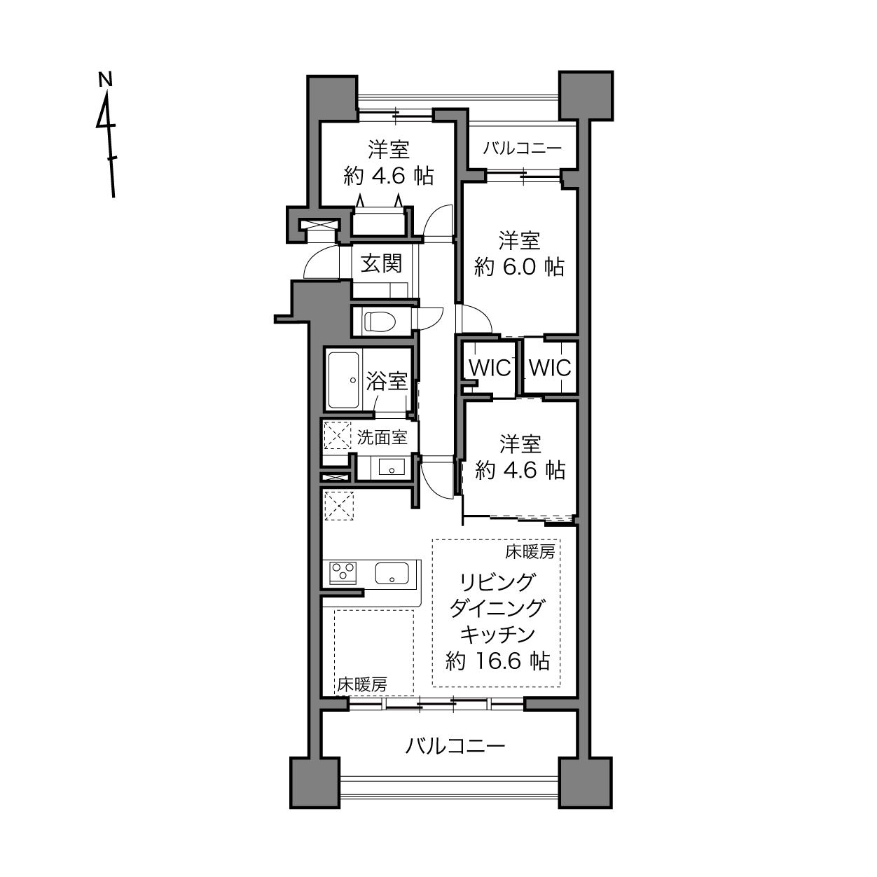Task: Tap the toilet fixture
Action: (380, 322)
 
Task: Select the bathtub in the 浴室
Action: (344, 380)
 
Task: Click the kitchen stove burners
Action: (343, 572)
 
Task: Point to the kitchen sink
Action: (392, 572)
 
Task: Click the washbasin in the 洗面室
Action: (392, 467)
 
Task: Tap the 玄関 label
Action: (381, 263)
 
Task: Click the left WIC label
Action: (490, 368)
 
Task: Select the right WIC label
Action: (550, 368)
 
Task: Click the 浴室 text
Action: (387, 381)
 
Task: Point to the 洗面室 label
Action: (381, 437)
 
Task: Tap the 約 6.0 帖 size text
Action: (519, 267)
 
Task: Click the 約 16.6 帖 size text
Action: (498, 661)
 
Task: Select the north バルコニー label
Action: (522, 149)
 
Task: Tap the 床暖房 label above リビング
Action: (530, 552)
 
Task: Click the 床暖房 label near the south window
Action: (362, 685)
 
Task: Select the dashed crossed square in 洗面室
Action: (337, 436)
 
